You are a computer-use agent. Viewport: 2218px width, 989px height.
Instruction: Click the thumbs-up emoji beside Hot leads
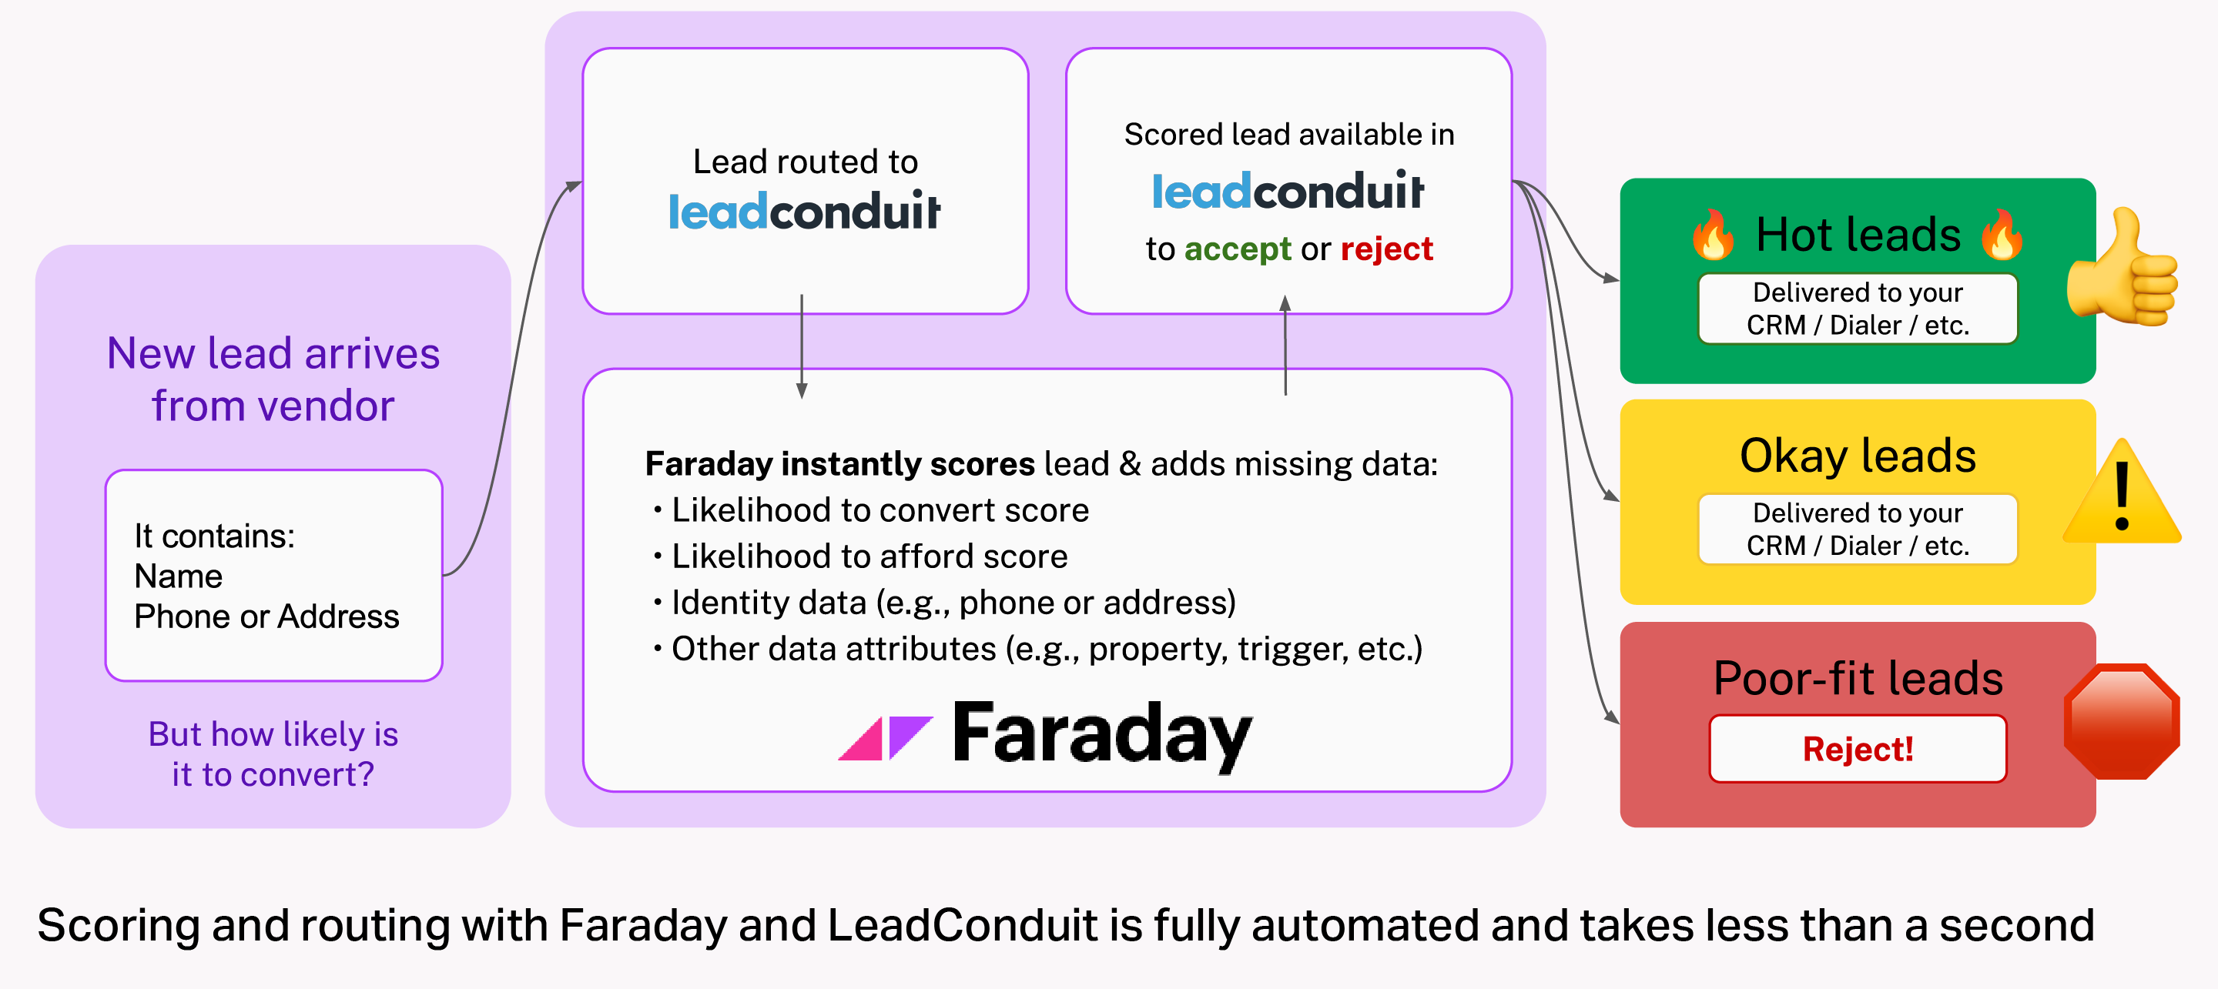2123,269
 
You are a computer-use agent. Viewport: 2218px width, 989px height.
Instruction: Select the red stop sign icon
2122,721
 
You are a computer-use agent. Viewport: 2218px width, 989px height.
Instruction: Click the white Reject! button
1858,749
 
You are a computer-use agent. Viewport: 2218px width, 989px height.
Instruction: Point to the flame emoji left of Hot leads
1713,234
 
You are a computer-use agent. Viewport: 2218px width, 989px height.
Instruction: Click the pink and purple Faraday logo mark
885,737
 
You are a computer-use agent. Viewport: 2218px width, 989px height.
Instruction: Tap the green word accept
1238,249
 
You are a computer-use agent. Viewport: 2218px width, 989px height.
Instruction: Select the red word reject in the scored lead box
1386,249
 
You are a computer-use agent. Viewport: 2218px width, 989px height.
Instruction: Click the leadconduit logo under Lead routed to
804,211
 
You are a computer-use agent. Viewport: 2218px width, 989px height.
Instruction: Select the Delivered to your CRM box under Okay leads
1858,530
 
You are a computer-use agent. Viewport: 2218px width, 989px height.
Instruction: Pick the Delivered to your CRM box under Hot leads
1858,309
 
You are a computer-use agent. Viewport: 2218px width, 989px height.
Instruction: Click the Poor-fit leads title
1858,678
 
